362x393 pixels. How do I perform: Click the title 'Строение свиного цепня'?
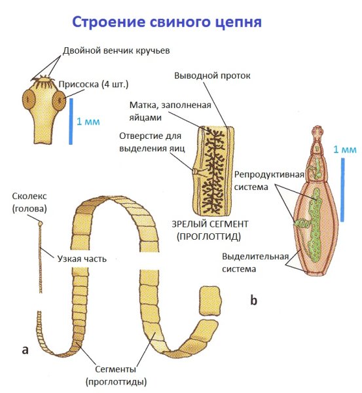point(167,22)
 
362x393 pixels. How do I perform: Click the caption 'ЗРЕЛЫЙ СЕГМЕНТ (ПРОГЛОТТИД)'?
point(208,230)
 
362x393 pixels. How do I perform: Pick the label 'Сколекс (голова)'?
point(26,202)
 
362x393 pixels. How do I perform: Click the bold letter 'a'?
point(26,350)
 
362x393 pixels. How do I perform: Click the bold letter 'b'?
point(254,301)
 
